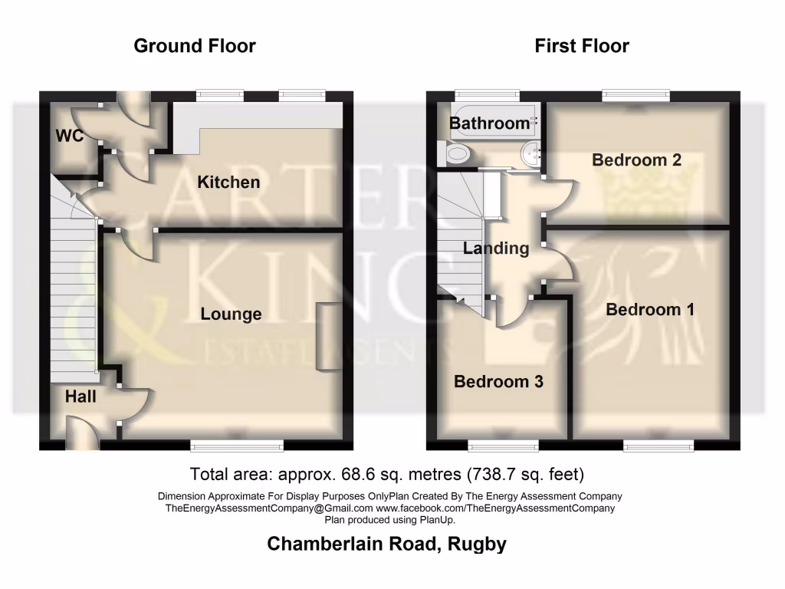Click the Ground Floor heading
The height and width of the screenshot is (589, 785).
click(x=195, y=46)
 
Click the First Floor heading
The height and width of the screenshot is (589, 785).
click(x=582, y=46)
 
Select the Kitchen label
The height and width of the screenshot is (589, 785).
click(x=228, y=183)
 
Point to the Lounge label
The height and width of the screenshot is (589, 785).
click(x=231, y=314)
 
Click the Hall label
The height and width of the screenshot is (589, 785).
click(x=80, y=397)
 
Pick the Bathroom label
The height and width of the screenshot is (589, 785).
click(x=489, y=123)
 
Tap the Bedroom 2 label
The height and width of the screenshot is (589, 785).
click(x=637, y=160)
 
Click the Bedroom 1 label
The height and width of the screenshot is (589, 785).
click(x=650, y=310)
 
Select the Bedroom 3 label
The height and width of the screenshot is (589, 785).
click(x=499, y=382)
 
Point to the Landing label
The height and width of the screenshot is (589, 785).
click(x=496, y=248)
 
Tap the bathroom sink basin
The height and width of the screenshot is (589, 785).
click(x=529, y=152)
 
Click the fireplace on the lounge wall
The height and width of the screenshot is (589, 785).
click(x=328, y=337)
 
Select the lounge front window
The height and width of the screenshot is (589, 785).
click(x=237, y=444)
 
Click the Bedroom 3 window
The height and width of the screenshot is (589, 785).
click(x=502, y=444)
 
